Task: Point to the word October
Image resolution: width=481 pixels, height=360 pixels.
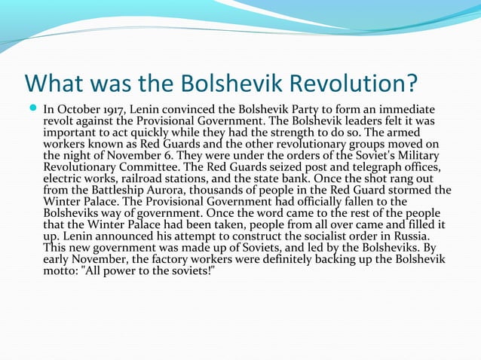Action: coord(75,108)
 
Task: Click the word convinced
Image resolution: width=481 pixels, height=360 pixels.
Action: coord(185,108)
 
